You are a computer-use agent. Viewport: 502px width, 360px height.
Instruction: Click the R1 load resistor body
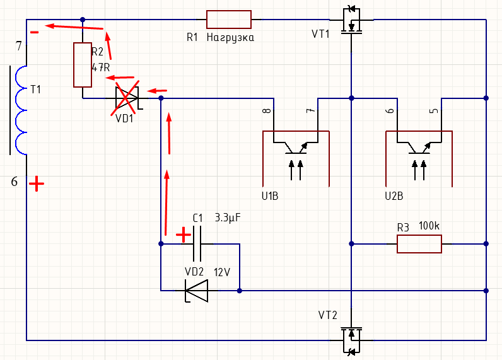point(229,20)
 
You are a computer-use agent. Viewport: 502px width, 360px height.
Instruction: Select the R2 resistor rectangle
point(83,65)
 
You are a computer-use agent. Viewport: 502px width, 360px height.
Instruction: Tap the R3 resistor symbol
point(419,243)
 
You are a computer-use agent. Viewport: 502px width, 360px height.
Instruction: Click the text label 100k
point(429,226)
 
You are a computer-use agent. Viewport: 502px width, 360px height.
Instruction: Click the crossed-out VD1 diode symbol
point(127,98)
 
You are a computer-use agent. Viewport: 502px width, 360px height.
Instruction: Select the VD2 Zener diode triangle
point(196,291)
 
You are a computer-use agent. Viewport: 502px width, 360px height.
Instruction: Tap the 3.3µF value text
point(228,218)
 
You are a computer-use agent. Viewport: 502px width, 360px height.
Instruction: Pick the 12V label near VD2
point(223,272)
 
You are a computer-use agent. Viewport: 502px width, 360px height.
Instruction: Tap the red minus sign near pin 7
point(35,30)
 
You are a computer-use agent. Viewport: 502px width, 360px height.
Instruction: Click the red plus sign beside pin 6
point(37,184)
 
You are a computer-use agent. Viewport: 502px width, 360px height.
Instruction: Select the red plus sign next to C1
point(183,235)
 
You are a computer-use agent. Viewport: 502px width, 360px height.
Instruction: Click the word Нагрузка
point(230,38)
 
